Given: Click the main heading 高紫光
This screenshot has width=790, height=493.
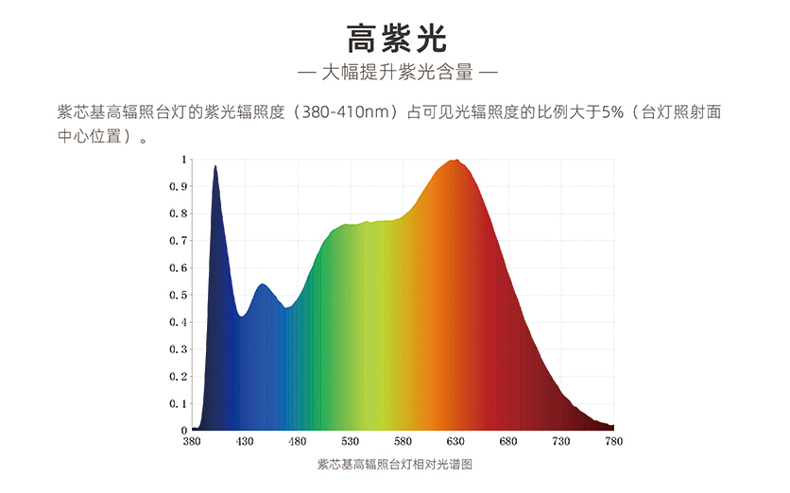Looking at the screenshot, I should [395, 38].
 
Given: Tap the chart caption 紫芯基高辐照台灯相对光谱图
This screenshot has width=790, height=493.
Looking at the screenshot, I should [394, 465].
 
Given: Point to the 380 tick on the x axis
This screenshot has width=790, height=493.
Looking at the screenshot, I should [192, 441].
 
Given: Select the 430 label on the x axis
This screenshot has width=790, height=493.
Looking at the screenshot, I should [245, 441].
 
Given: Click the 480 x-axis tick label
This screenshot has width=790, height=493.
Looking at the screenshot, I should [298, 441].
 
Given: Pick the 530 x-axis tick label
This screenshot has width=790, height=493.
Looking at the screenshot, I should [351, 441].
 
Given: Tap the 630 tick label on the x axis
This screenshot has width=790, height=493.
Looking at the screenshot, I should [456, 441].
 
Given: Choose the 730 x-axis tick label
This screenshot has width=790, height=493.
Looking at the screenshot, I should [561, 441].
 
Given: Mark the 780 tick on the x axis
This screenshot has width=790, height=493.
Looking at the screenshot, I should [614, 441].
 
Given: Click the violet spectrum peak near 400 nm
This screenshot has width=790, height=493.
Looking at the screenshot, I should [215, 167].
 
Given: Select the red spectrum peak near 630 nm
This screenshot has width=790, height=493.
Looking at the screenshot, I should [457, 161].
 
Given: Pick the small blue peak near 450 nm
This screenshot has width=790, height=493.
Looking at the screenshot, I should [263, 284].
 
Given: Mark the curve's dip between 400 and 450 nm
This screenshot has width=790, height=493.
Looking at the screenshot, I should [242, 316].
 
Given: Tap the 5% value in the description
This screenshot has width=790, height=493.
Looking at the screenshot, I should [615, 112].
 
